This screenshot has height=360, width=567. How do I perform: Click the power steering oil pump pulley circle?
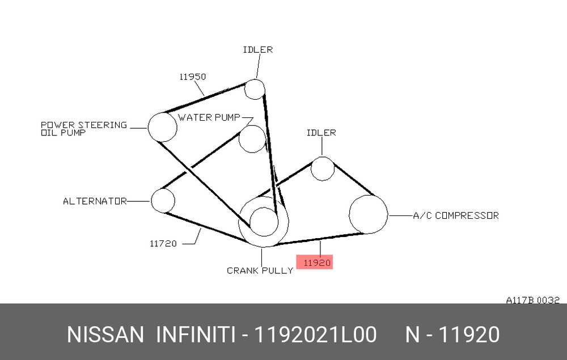148,127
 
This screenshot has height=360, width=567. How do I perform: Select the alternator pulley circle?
151,201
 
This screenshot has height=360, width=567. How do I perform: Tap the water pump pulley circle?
239,139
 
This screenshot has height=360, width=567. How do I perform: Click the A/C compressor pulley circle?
350,214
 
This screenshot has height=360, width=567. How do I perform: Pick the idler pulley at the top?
245,89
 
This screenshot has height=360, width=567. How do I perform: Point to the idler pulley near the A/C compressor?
311,168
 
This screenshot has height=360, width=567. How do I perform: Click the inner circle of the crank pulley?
250,222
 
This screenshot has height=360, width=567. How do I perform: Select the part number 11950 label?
193,77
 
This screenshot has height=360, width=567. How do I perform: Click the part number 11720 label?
163,244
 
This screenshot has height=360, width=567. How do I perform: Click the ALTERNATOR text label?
95,201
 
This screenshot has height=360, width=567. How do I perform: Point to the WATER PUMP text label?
209,117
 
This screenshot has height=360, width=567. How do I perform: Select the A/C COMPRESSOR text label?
456,215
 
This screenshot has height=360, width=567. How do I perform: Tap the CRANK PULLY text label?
260,270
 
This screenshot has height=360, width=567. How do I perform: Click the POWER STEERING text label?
84,125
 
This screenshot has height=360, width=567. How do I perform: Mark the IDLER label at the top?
258,49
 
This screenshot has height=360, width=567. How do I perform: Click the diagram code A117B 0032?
532,300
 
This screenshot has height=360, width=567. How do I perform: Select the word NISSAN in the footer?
105,334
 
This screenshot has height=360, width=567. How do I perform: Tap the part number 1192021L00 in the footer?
315,334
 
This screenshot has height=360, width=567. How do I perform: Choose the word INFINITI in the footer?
196,334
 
